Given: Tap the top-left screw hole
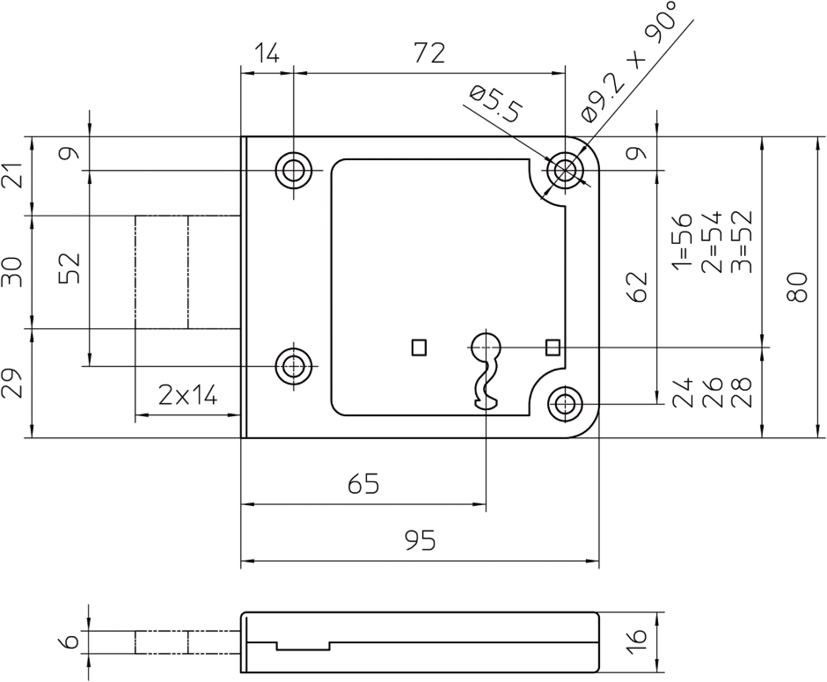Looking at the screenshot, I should tap(294, 170).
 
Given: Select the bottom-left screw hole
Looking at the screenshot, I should tap(294, 364).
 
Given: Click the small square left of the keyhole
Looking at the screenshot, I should tap(419, 348).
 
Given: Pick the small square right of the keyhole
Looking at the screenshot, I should tap(553, 348).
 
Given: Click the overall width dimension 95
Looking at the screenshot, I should tap(421, 540).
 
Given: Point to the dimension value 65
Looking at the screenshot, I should tap(363, 485).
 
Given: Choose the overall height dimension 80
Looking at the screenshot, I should tap(797, 287).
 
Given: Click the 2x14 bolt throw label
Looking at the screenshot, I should tap(187, 396).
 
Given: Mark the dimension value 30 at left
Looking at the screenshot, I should tap(13, 272).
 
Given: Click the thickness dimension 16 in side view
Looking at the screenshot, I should tap(639, 635).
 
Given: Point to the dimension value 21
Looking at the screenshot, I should tap(13, 175).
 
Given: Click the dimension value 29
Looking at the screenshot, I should tap(13, 384).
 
